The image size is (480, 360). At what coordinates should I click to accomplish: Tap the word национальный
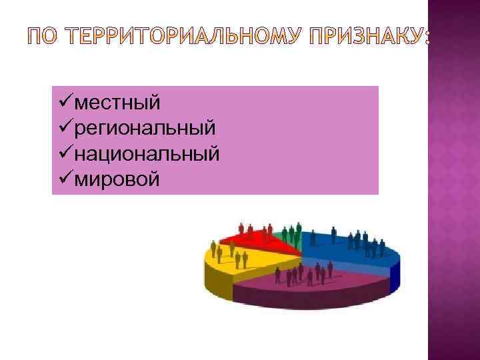(x=147, y=154)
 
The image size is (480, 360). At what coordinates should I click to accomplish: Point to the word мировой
(x=117, y=179)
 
